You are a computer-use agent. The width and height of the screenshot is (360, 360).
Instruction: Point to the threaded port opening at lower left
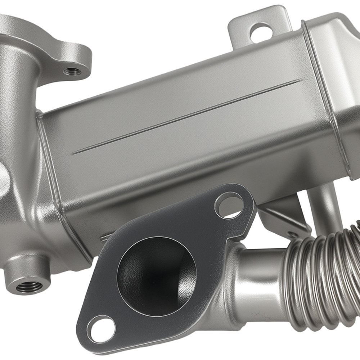pyautogui.click(x=29, y=287)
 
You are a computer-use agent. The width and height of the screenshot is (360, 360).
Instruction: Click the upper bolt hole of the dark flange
pyautogui.click(x=229, y=205)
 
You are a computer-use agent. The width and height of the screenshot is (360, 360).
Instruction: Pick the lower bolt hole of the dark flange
pyautogui.click(x=101, y=330)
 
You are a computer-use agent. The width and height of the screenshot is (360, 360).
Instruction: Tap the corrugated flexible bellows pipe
pyautogui.click(x=320, y=274)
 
